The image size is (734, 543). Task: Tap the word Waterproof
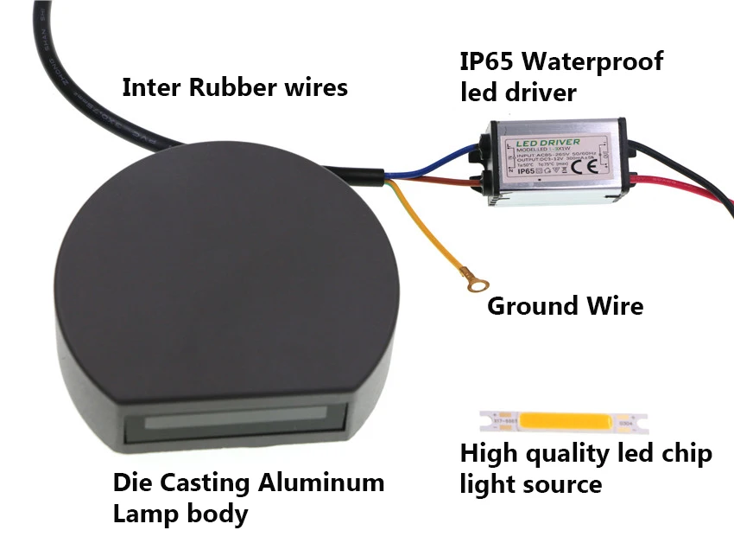[596, 62]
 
